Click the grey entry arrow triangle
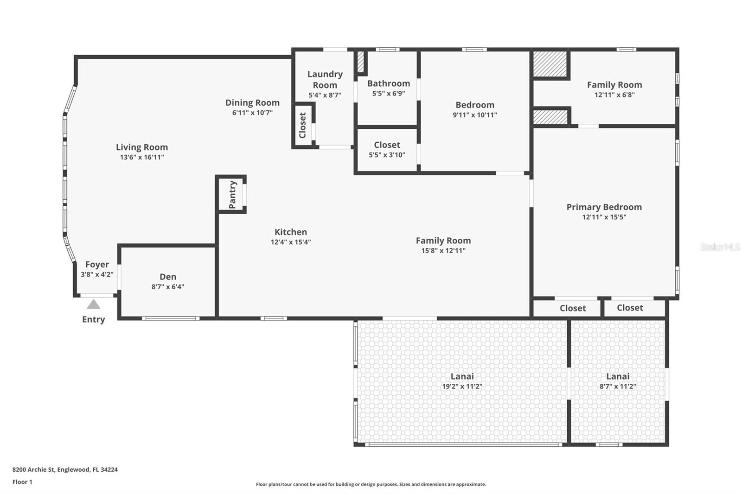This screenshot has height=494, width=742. [94, 304]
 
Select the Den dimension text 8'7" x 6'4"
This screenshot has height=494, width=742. [168, 287]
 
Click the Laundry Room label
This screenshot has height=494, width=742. [325, 80]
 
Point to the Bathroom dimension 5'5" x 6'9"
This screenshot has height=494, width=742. [389, 94]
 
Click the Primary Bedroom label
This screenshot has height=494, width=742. [604, 207]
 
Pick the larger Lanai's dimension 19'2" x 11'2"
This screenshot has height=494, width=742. [462, 386]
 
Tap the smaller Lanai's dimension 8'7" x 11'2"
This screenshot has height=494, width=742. [617, 386]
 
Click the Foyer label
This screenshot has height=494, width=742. [97, 265]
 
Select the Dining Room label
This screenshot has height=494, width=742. [252, 103]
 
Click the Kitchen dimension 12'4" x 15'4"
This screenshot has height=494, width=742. [291, 242]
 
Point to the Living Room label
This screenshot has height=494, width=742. [142, 147]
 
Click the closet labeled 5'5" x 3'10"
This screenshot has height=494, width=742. [387, 150]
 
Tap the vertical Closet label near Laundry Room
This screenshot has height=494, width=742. [303, 125]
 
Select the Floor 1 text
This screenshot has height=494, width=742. [22, 482]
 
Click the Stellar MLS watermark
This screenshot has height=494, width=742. [720, 247]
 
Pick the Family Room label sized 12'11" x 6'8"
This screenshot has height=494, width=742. [614, 85]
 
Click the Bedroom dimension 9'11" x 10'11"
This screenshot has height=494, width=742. [475, 115]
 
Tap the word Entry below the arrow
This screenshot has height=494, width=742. [94, 319]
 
